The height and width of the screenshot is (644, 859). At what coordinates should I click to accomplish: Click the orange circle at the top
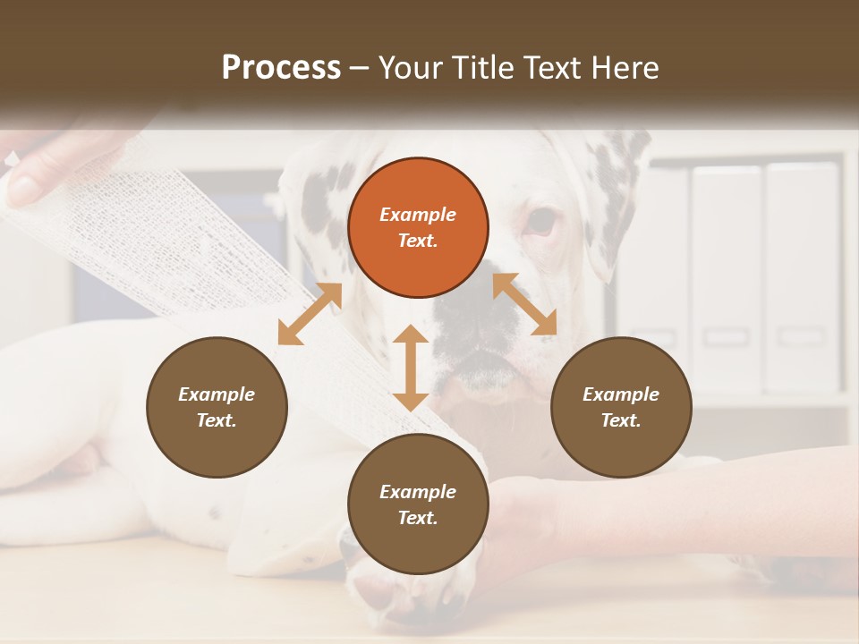point(418,227)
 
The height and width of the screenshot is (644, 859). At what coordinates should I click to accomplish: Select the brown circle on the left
point(217,407)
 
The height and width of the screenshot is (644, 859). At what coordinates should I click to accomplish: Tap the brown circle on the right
point(621,407)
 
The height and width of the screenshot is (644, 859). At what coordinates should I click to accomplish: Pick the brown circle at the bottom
point(418,504)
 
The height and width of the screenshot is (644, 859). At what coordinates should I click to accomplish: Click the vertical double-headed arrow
point(411,368)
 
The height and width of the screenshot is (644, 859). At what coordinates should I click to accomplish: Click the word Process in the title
point(281,67)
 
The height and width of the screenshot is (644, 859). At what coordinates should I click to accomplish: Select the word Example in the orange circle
point(418,215)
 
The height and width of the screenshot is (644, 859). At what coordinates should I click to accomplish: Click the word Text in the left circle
point(217,420)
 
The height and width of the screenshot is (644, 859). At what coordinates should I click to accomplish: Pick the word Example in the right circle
point(621,394)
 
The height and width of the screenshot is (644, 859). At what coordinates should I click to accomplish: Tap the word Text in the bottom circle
point(418,518)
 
